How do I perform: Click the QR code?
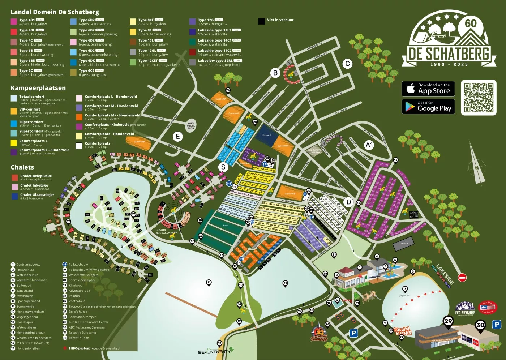479,98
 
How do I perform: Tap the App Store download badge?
428,89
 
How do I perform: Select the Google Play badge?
428,107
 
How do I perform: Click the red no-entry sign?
462,278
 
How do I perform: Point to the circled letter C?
347,64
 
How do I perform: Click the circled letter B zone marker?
275,73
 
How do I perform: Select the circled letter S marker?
223,167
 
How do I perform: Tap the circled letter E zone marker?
177,137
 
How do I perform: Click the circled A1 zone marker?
369,145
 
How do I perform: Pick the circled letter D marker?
348,202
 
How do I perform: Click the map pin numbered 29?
448,321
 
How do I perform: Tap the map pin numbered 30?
480,325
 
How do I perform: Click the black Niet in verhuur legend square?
261,21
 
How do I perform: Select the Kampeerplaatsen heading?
38,88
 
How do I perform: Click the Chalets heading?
22,167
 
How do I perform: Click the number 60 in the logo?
470,23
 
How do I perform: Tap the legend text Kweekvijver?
25,322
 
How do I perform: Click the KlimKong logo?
402,331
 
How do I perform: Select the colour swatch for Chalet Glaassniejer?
15,196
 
